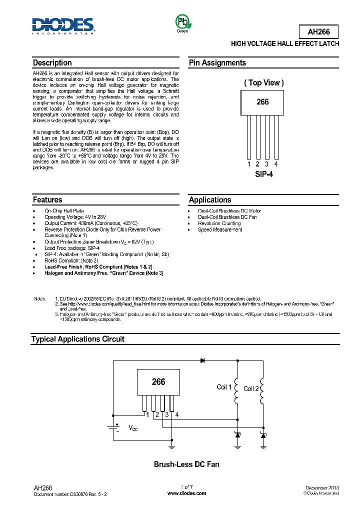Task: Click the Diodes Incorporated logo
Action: pyautogui.click(x=63, y=26)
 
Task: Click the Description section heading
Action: pyautogui.click(x=52, y=63)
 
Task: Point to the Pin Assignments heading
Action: pyautogui.click(x=217, y=63)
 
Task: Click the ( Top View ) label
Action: pyautogui.click(x=263, y=83)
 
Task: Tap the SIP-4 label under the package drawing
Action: pyautogui.click(x=263, y=174)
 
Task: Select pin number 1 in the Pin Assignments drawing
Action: pyautogui.click(x=249, y=164)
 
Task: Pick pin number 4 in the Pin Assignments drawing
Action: pyautogui.click(x=276, y=164)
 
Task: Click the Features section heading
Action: pyautogui.click(x=47, y=199)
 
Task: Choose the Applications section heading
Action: pyautogui.click(x=210, y=199)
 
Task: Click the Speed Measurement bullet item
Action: pyautogui.click(x=220, y=229)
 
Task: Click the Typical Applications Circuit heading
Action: pyautogui.click(x=78, y=339)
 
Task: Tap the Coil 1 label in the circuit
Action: pyautogui.click(x=224, y=387)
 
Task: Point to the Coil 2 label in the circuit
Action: pyautogui.click(x=251, y=388)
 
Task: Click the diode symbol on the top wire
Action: pyautogui.click(x=203, y=360)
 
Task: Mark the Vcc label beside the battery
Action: pyautogui.click(x=132, y=428)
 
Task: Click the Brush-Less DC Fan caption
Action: pyautogui.click(x=186, y=464)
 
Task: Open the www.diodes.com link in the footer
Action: pyautogui.click(x=186, y=493)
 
